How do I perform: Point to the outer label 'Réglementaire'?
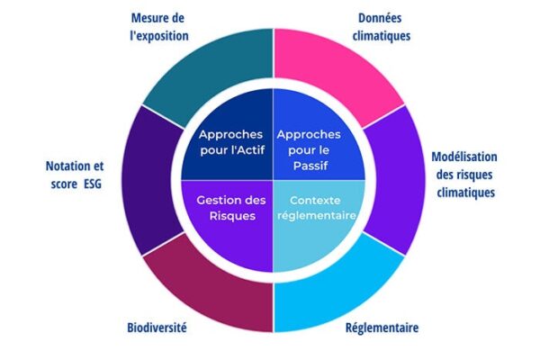pyautogui.click(x=382, y=328)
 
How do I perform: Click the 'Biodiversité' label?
pyautogui.click(x=157, y=328)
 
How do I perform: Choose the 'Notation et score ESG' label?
pyautogui.click(x=75, y=175)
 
